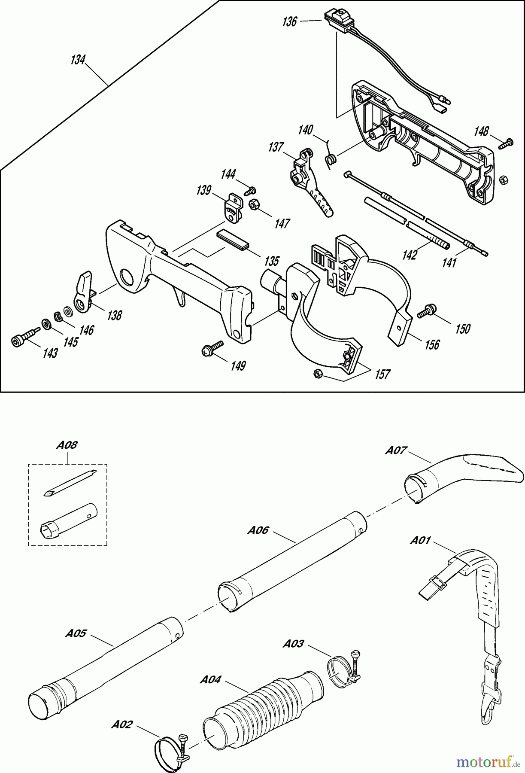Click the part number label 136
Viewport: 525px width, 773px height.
[x=290, y=22]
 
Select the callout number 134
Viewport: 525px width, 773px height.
[x=78, y=60]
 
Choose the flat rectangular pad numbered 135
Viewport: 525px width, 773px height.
[x=232, y=238]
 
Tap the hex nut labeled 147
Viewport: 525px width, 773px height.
[x=253, y=205]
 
